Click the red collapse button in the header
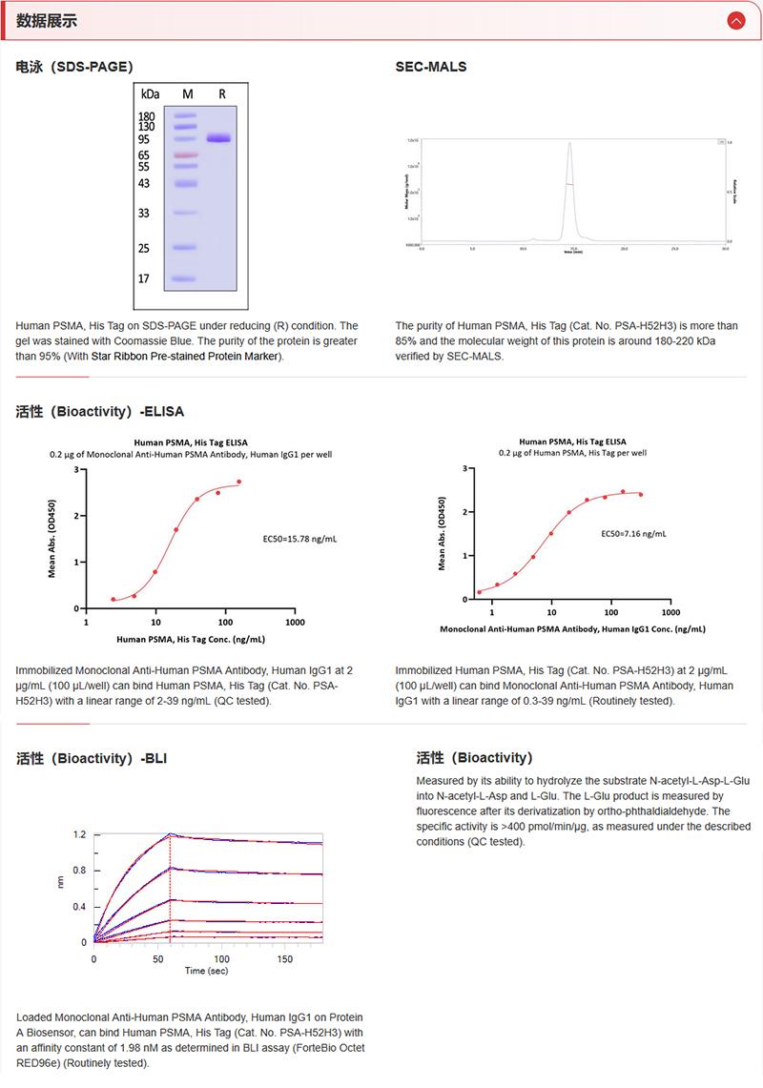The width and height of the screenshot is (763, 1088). coord(735,20)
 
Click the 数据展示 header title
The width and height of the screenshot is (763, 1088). coord(47,21)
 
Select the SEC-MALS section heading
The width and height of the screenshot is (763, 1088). coord(431,67)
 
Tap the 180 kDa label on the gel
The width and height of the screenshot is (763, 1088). coord(147,116)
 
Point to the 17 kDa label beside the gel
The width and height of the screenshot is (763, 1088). coord(144,279)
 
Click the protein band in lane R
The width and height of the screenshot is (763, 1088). coord(219,138)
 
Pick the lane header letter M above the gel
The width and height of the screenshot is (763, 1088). coord(188,94)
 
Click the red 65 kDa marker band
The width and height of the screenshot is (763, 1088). coord(186,154)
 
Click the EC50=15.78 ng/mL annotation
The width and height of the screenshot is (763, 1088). coord(299,539)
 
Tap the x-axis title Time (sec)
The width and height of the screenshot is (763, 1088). coord(206,971)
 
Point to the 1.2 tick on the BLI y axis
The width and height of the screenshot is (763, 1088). coord(80,834)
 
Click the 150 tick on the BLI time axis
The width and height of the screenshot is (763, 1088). coord(285,958)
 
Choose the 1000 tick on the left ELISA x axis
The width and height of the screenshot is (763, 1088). coord(295,623)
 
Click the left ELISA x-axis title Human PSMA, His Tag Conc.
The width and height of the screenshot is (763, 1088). coord(191,639)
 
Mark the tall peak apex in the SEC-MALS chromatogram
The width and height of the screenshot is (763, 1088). coord(569,143)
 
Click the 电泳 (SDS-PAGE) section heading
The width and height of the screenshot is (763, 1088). coord(74,67)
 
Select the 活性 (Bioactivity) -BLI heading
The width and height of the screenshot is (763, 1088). coord(93,759)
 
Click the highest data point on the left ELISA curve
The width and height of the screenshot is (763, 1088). coord(238,482)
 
